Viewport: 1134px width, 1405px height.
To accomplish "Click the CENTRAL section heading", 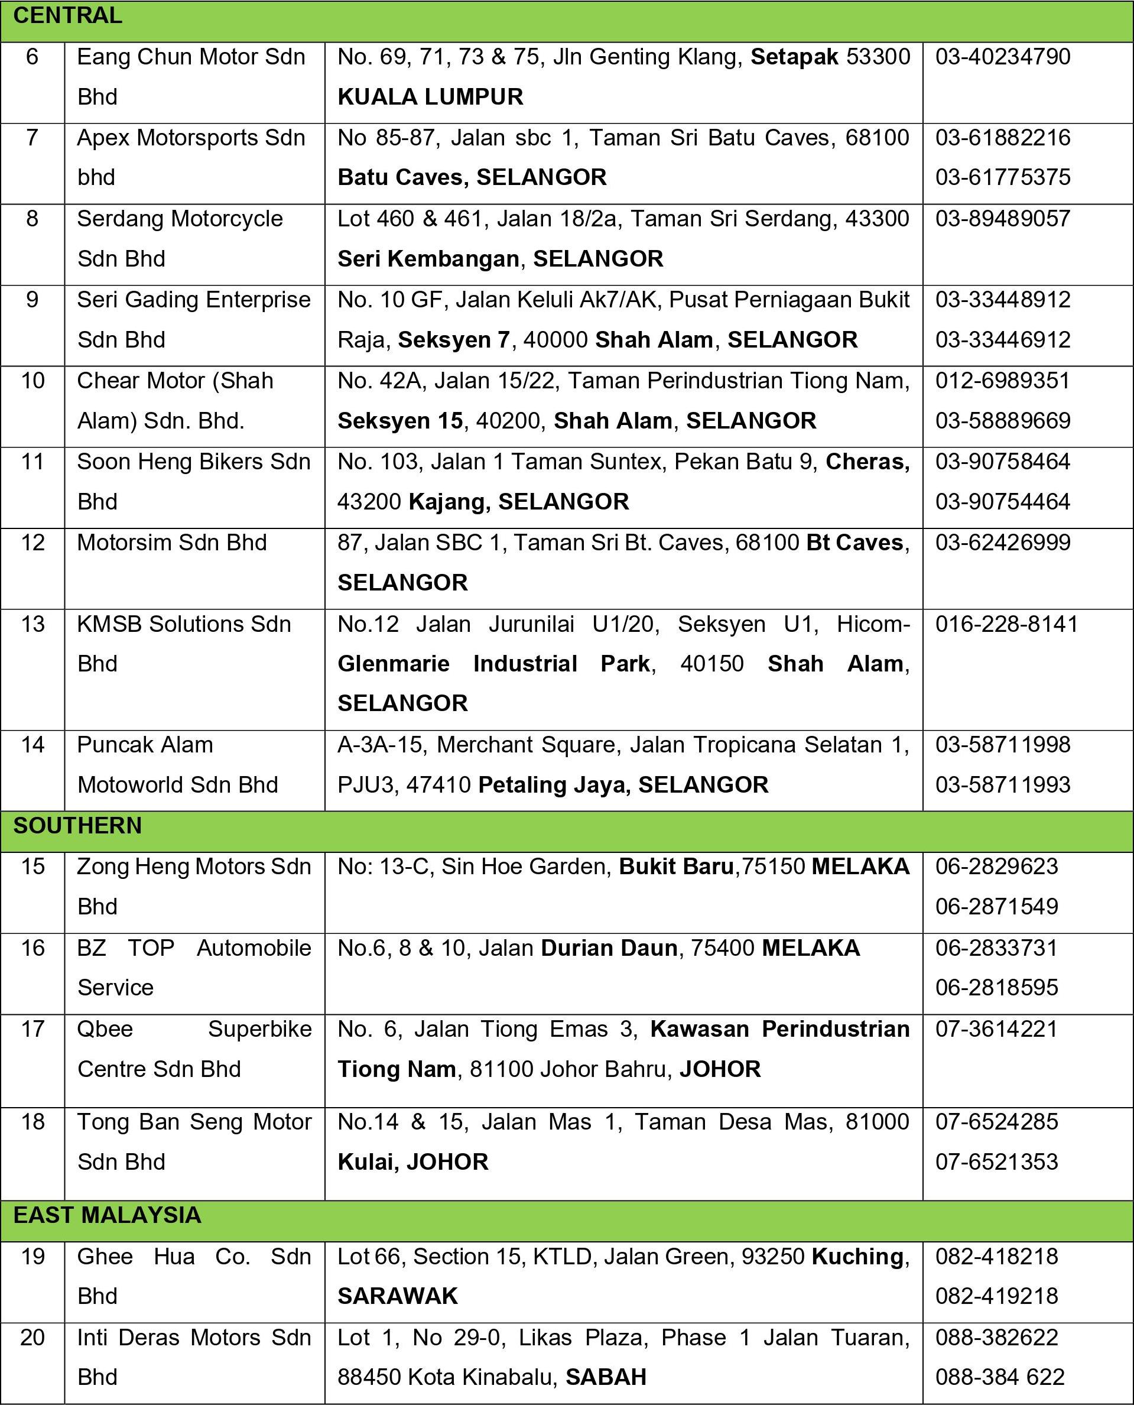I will (x=67, y=16).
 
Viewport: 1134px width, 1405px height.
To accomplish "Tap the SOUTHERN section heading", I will (x=77, y=825).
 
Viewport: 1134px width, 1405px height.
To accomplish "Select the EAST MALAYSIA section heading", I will (x=107, y=1215).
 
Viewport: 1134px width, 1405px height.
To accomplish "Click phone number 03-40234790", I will (x=1003, y=57).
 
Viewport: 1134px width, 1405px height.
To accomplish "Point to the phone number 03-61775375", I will (x=1003, y=177).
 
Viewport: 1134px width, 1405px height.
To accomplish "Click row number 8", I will (x=32, y=219).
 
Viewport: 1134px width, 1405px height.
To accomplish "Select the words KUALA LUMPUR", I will (x=430, y=97).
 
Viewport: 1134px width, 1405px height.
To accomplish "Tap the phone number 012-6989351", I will (x=1003, y=381).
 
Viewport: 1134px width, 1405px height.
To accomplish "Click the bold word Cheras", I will (x=866, y=462).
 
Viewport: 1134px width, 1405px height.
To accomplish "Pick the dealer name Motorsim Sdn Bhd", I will (x=172, y=543).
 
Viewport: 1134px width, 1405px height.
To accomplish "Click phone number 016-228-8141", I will (x=1006, y=624).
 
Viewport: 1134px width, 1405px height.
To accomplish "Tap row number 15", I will (x=32, y=867).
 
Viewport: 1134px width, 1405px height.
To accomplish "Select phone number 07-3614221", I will (x=996, y=1029).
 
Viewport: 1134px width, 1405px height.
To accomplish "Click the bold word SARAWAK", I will (x=397, y=1296).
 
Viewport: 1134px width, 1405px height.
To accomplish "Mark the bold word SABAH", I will (x=606, y=1378).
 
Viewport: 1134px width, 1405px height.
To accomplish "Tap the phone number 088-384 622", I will (x=999, y=1378).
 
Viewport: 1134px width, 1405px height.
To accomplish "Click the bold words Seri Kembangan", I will (x=428, y=259).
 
